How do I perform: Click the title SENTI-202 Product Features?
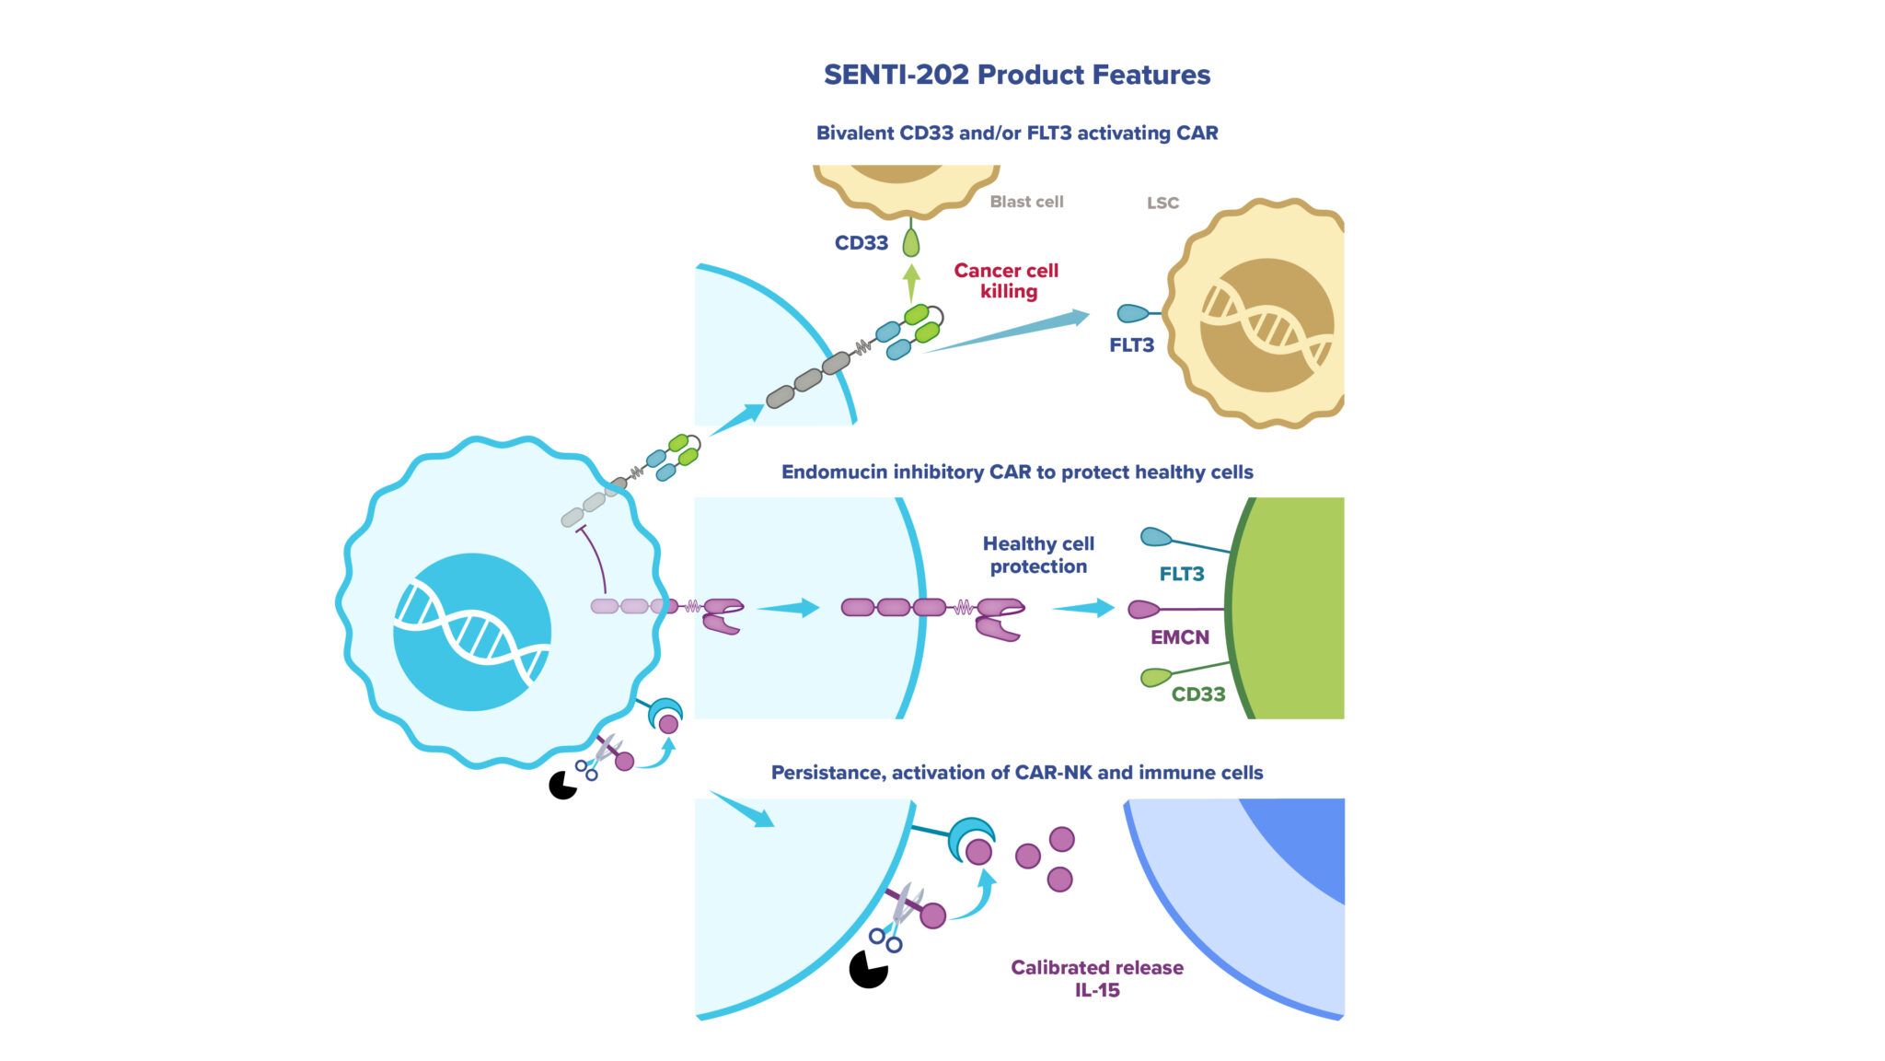[1016, 75]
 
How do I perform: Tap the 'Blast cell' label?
[1026, 202]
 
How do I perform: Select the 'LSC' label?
[1162, 203]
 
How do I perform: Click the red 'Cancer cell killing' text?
[1006, 281]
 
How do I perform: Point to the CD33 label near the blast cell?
[861, 243]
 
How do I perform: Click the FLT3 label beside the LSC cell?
[1131, 345]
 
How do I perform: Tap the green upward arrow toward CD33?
[911, 282]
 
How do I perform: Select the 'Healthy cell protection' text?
[1038, 554]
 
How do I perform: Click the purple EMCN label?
[1179, 637]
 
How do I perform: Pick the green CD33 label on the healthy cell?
[1197, 694]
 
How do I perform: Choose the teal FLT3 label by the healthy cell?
[1181, 574]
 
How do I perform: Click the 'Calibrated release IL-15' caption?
[1097, 978]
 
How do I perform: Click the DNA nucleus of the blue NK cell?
[472, 632]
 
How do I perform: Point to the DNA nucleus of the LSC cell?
[1266, 325]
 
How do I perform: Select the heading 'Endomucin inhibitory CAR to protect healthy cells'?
[1017, 472]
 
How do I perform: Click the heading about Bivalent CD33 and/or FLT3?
[1017, 134]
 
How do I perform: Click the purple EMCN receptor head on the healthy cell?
[1143, 609]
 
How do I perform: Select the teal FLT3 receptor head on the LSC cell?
[1132, 314]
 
